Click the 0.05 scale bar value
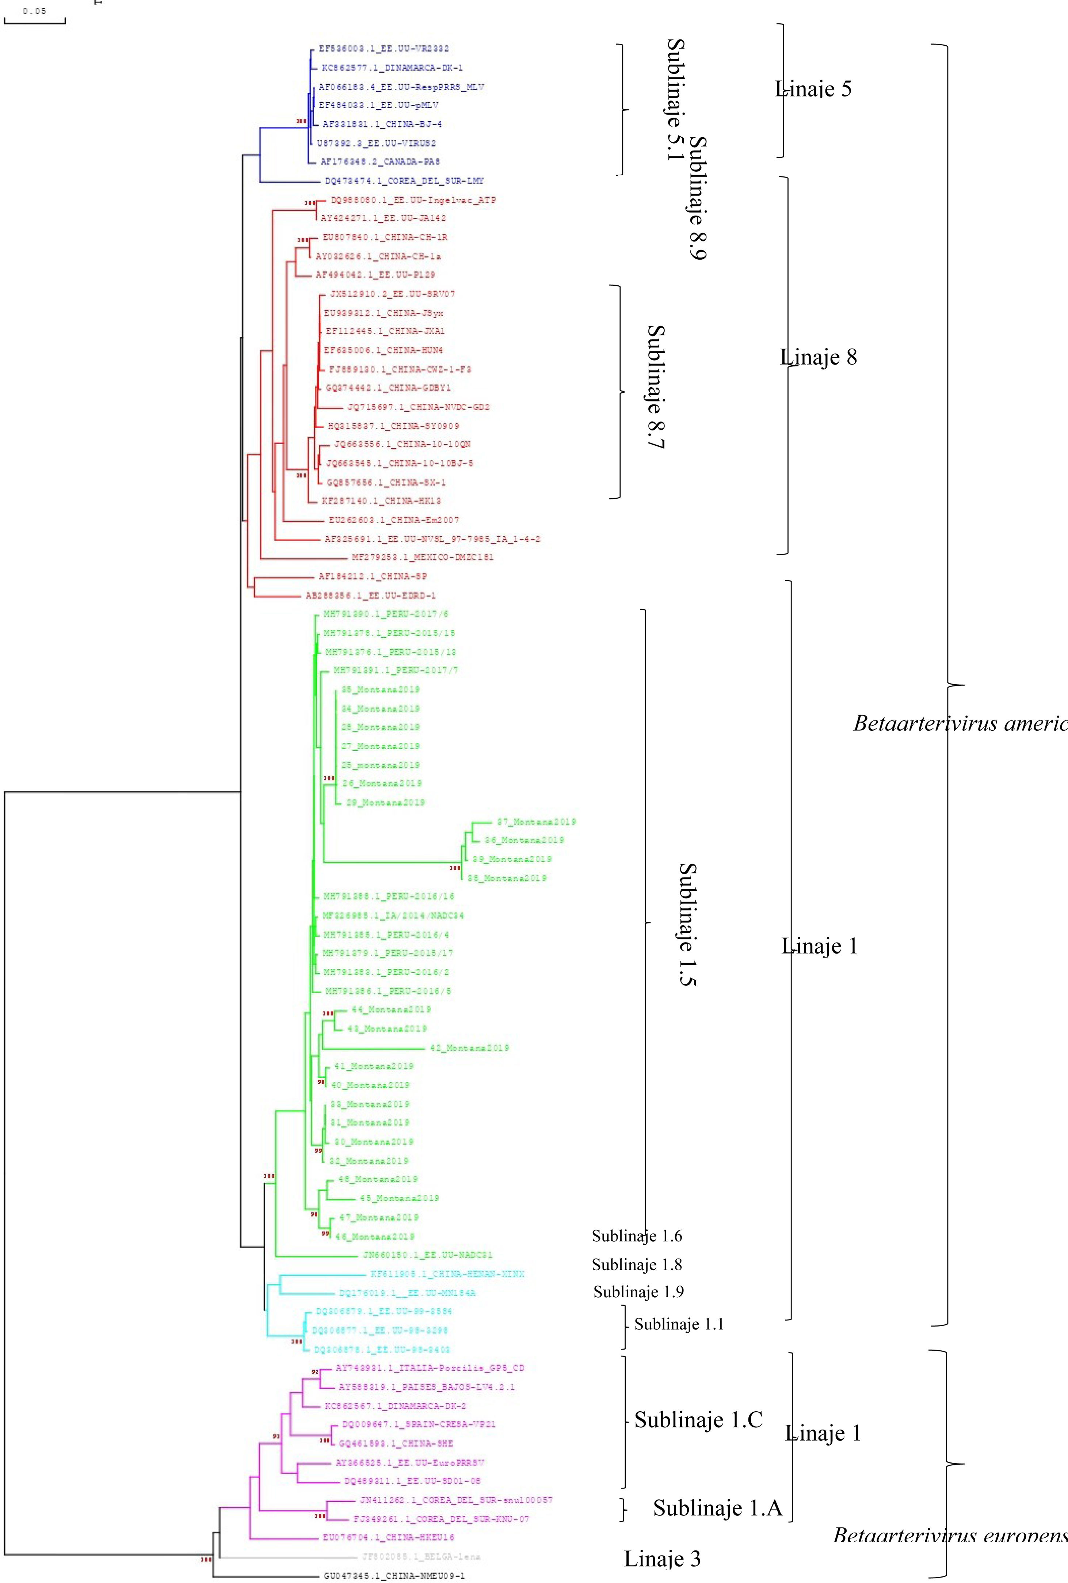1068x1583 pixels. (x=34, y=11)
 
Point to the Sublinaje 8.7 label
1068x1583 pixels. (x=655, y=387)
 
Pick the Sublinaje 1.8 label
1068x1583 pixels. (x=637, y=1265)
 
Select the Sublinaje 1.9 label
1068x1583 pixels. (x=638, y=1292)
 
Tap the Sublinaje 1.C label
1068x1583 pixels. (x=698, y=1420)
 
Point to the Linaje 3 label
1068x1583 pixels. (x=662, y=1559)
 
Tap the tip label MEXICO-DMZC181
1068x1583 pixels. (x=422, y=557)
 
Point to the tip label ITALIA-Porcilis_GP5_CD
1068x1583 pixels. (x=431, y=1368)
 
